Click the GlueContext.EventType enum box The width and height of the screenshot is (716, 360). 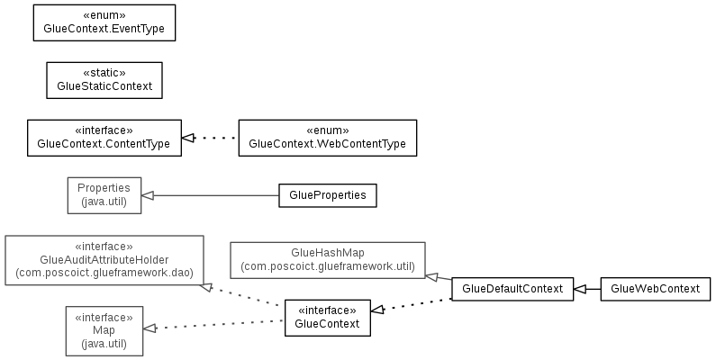click(x=104, y=22)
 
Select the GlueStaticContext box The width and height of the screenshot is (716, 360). click(x=104, y=80)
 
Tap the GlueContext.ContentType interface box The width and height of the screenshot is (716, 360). click(x=104, y=138)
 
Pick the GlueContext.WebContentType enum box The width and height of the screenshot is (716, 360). click(x=328, y=138)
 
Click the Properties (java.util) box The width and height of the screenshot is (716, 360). click(x=104, y=195)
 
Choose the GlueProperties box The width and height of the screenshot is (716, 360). click(x=328, y=195)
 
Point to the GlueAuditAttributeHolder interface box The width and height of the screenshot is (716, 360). click(x=104, y=260)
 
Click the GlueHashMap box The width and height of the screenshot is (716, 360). click(x=328, y=260)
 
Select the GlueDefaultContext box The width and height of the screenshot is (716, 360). click(x=512, y=289)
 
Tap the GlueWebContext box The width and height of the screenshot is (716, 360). click(x=656, y=289)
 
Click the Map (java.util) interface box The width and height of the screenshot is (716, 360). click(x=104, y=331)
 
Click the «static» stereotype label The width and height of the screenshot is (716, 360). click(x=104, y=73)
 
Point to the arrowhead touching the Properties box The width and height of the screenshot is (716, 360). click(x=147, y=195)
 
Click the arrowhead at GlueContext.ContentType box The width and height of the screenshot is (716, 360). click(x=187, y=138)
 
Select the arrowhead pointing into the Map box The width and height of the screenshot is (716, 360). click(x=150, y=328)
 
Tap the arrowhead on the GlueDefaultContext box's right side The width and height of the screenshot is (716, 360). click(x=580, y=289)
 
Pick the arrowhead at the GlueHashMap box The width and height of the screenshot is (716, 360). click(x=431, y=276)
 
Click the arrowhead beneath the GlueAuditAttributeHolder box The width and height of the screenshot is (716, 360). click(x=206, y=287)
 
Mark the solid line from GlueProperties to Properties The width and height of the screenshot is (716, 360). click(x=216, y=195)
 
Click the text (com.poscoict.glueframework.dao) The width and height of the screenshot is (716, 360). click(x=104, y=273)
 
